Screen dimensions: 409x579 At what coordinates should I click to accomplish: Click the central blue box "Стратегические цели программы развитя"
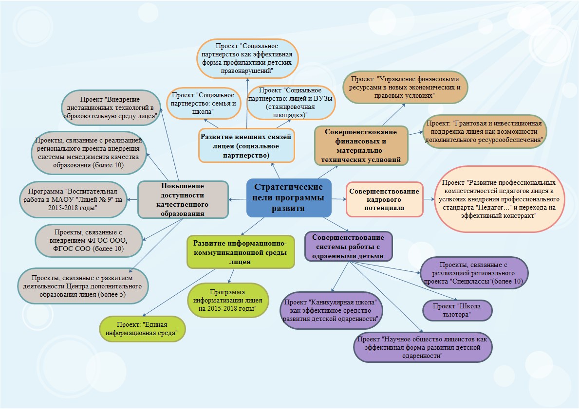[x=289, y=198]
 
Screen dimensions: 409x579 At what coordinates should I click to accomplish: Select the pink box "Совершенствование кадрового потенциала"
[x=384, y=199]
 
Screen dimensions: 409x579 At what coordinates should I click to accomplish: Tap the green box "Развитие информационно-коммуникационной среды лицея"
[x=241, y=252]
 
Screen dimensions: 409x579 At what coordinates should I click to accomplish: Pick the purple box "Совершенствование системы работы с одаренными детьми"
[x=348, y=246]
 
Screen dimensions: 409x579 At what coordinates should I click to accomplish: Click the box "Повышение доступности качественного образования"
[x=183, y=199]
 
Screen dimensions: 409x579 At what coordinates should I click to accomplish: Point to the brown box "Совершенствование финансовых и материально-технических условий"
[x=361, y=145]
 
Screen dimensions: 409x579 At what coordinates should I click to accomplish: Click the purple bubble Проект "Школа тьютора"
[x=457, y=310]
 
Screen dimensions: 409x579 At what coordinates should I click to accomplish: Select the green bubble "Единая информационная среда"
[x=142, y=329]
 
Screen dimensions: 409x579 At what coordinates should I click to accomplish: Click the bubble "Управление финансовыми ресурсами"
[x=405, y=87]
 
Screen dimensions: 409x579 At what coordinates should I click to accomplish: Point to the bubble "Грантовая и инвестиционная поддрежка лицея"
[x=485, y=131]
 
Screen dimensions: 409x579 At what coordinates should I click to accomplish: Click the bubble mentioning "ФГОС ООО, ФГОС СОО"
[x=89, y=240]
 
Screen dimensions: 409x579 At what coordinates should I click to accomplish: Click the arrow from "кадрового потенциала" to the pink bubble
[x=429, y=198]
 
